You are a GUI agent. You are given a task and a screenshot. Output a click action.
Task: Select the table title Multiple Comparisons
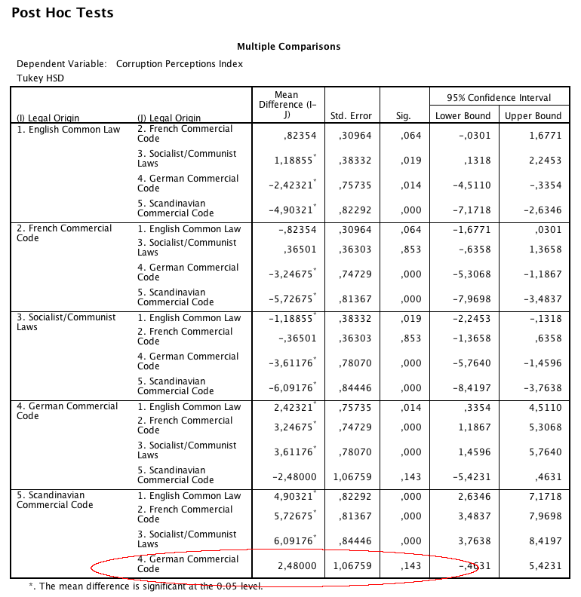point(288,47)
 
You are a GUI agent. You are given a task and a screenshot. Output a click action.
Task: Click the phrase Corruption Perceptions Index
point(180,64)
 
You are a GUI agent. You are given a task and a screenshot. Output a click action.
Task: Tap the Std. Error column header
point(351,116)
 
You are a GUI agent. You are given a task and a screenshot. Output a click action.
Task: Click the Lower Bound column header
point(463,116)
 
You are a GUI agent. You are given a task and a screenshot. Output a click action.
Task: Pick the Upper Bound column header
point(533,116)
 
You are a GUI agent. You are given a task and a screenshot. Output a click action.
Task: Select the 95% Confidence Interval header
point(498,97)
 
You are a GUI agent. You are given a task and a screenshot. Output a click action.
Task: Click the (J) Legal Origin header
point(169,118)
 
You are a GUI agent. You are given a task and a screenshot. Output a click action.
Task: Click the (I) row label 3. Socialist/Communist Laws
point(66,322)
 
